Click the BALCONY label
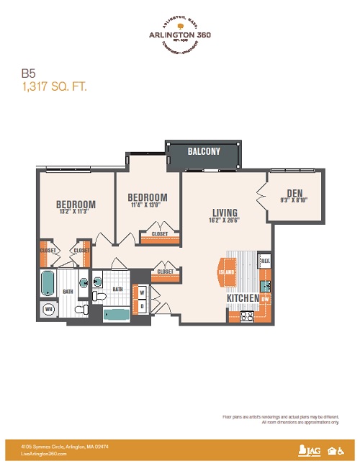coord(204,151)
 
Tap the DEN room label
coord(294,192)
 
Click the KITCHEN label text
coord(243,297)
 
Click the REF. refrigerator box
coord(264,261)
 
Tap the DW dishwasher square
coord(265,298)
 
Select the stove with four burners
coord(248,314)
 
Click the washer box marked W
coord(142,292)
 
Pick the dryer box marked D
coord(142,305)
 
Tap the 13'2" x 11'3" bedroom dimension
coord(76,212)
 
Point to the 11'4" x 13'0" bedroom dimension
coord(147,205)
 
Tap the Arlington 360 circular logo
coord(180,36)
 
